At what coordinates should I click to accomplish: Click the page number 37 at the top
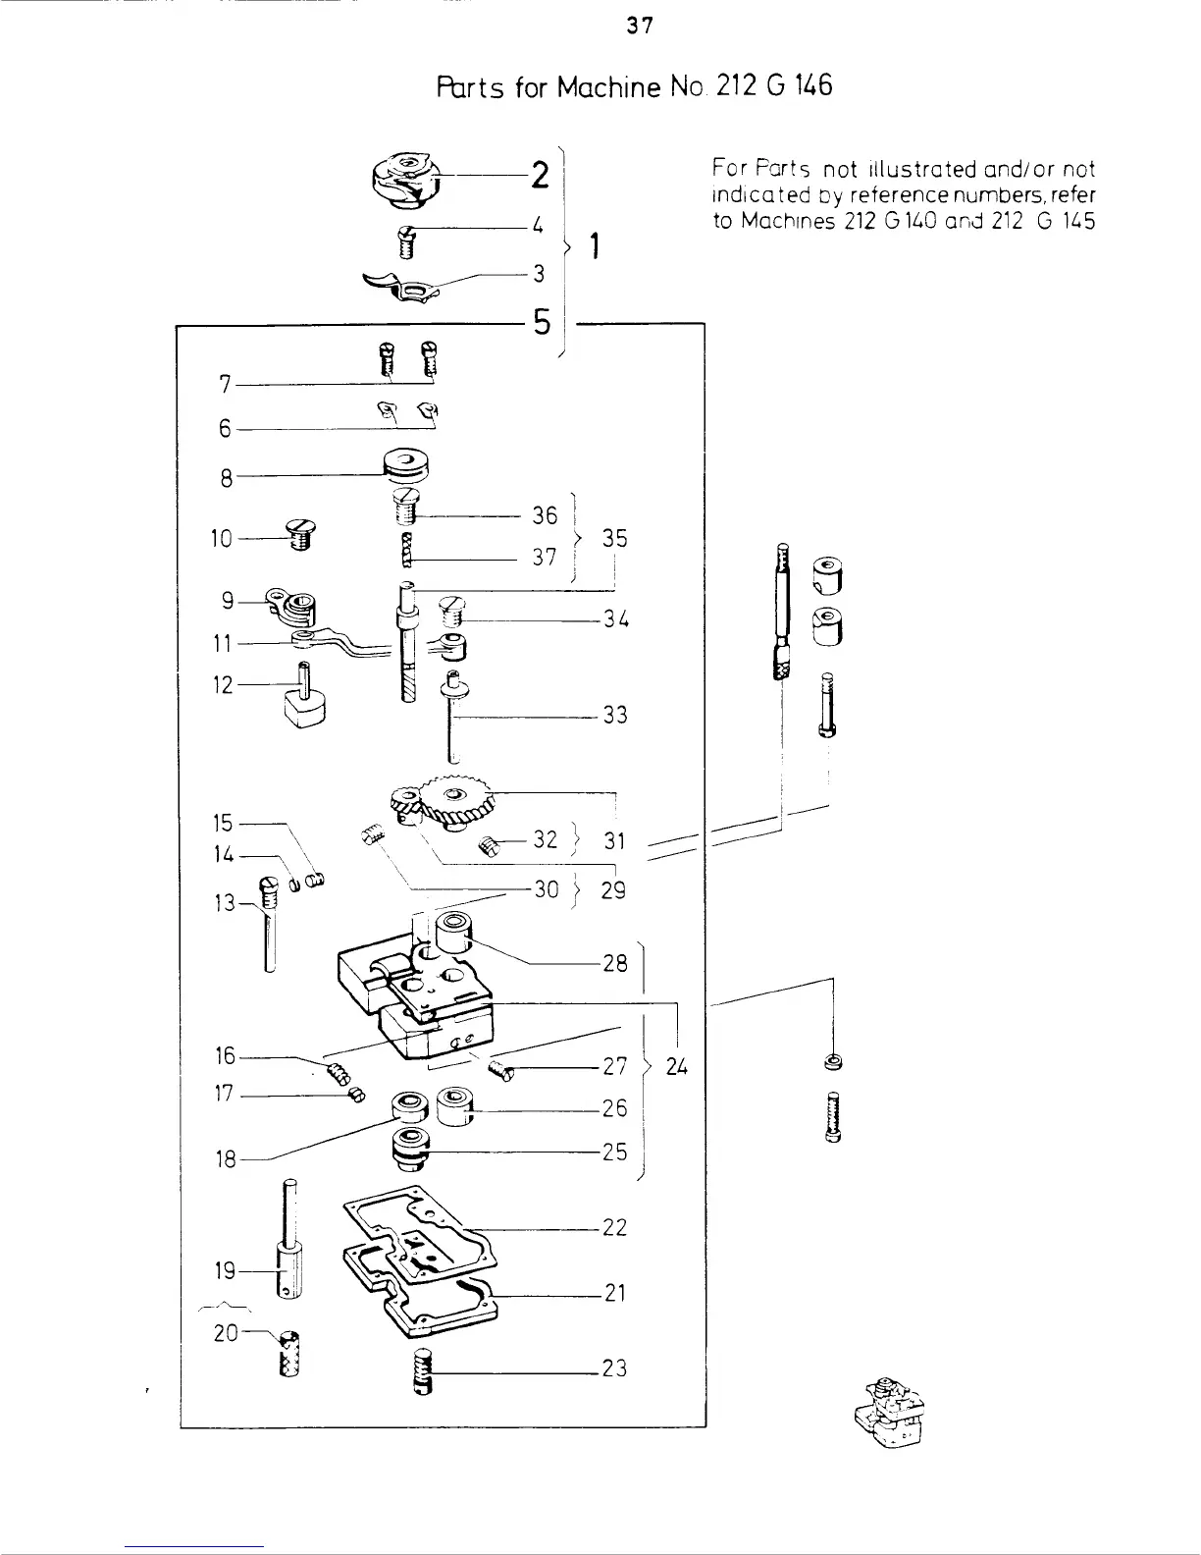point(640,27)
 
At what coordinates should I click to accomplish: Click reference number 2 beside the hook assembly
point(539,177)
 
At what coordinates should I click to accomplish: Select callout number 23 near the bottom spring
point(614,1367)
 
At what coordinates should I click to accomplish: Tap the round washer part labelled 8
point(402,466)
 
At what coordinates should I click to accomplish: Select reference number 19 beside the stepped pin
point(226,1271)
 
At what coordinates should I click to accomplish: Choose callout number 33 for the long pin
point(614,715)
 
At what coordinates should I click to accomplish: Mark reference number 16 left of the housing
point(225,1056)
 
